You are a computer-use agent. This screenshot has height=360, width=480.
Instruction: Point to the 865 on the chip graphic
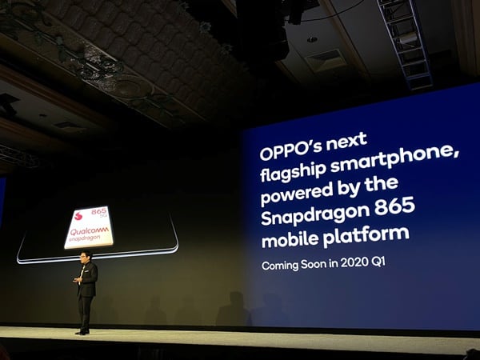point(99,213)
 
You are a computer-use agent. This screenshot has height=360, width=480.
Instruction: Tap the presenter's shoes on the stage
point(82,330)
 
